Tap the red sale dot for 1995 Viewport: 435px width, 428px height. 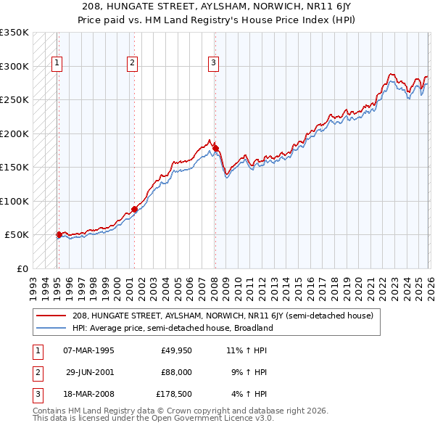pos(59,234)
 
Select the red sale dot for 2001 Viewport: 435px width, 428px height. pos(135,209)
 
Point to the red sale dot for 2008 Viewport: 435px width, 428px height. pos(215,148)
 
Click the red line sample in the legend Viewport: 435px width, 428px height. pos(51,316)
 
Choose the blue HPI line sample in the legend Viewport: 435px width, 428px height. pos(51,328)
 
